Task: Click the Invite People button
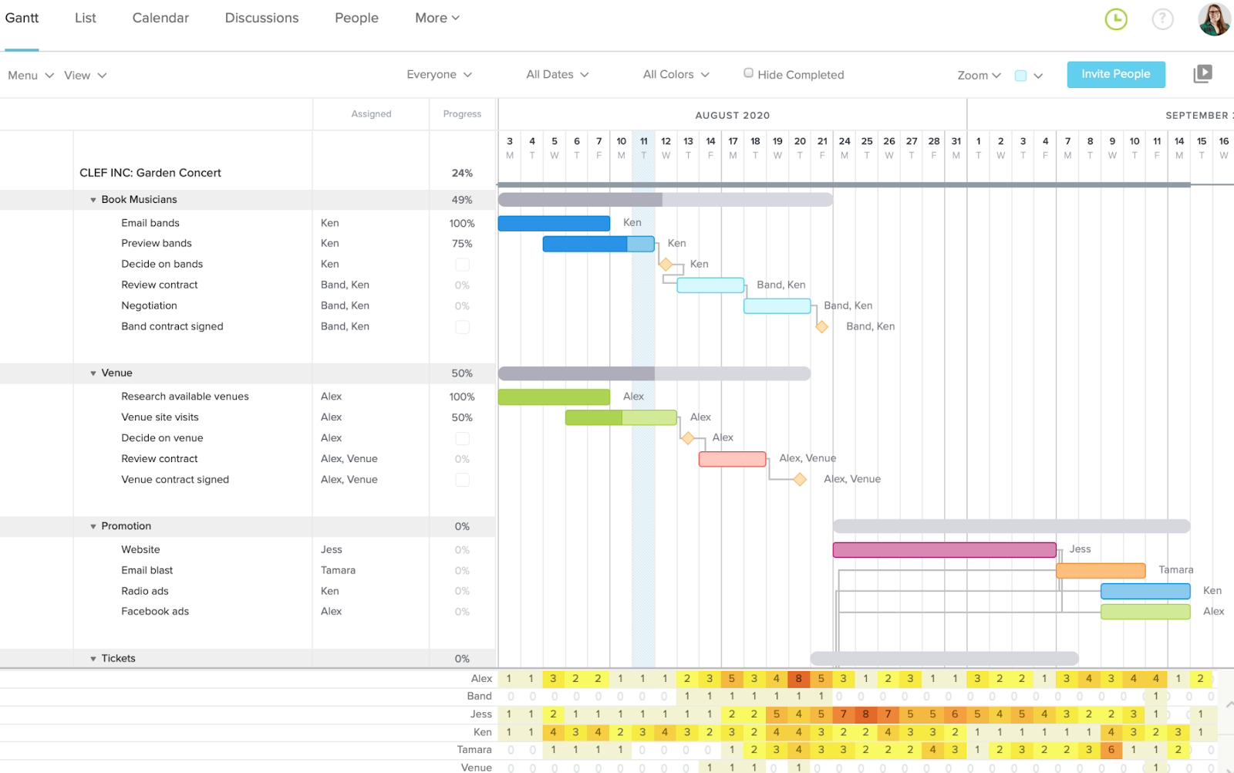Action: (1115, 74)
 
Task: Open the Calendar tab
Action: (160, 18)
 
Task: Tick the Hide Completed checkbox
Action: (748, 73)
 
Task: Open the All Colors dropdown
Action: (676, 74)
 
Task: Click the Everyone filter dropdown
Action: (439, 74)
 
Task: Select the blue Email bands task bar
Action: (554, 223)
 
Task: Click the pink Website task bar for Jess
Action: (944, 550)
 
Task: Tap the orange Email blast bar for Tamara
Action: (1100, 571)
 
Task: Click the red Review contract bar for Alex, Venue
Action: (732, 459)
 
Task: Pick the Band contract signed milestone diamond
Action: (822, 327)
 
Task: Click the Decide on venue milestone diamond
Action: (687, 438)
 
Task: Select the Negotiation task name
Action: (149, 305)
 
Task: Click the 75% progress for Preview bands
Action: (462, 244)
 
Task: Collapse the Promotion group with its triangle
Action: (93, 527)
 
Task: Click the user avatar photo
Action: (1213, 19)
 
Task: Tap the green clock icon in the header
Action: (1116, 19)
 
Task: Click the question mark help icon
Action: (1162, 19)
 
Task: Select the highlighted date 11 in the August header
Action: (643, 141)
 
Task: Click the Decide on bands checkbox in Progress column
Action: (462, 265)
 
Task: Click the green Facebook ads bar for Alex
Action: (1145, 612)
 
